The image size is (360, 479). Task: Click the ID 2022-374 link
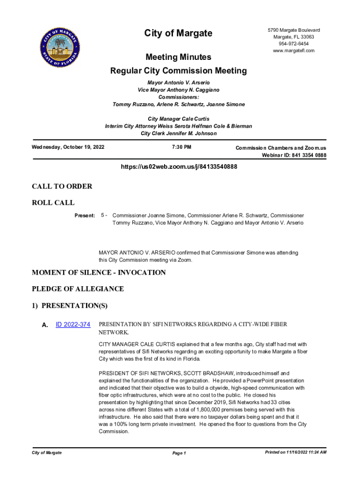[x=73, y=324]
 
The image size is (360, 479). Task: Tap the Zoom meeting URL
[x=179, y=166]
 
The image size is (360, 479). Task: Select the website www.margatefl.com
[x=294, y=51]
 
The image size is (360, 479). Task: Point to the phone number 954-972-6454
[x=294, y=44]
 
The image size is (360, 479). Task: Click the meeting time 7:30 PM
[x=179, y=147]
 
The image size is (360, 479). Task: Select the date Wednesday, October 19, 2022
[x=68, y=147]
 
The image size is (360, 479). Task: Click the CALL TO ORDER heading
[x=62, y=186]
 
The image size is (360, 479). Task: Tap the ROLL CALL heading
[x=53, y=203]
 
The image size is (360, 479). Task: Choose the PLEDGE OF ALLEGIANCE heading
[x=78, y=289]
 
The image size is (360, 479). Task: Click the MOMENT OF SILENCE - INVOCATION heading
[x=99, y=272]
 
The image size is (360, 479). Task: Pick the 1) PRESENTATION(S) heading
[x=70, y=306]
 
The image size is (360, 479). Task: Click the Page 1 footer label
[x=179, y=453]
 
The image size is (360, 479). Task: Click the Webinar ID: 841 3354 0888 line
[x=294, y=155]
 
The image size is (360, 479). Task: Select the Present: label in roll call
[x=85, y=216]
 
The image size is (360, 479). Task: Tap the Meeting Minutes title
[x=178, y=57]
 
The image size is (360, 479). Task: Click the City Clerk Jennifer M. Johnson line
[x=179, y=133]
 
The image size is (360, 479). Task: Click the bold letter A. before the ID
[x=45, y=325]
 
